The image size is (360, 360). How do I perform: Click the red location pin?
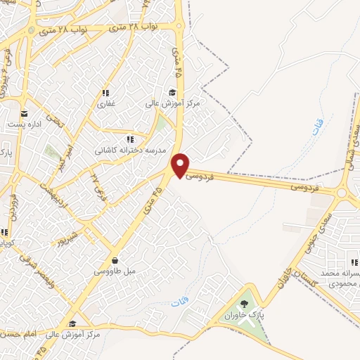[x=181, y=165]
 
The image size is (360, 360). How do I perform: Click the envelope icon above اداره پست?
[x=24, y=114]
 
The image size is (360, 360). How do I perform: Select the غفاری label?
[x=105, y=103]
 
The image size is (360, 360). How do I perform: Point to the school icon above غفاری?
[x=105, y=93]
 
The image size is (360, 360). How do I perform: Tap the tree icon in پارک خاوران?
[x=244, y=304]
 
